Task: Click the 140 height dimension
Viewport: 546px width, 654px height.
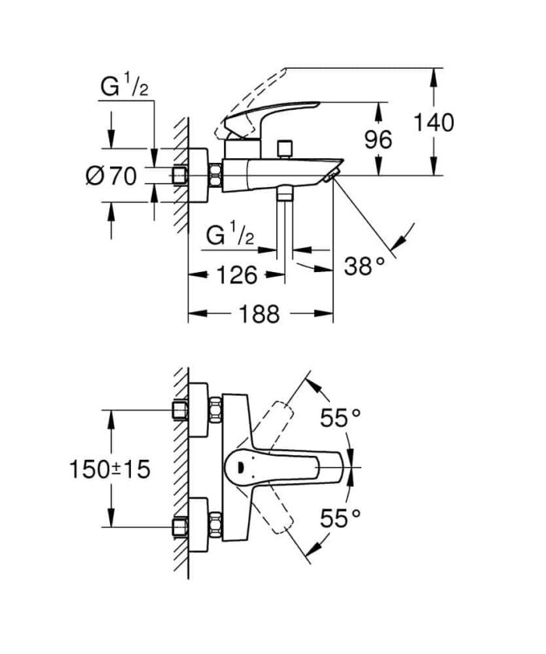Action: (x=433, y=122)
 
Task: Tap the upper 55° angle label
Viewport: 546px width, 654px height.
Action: (x=340, y=419)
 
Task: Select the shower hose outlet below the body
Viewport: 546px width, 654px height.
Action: (x=285, y=193)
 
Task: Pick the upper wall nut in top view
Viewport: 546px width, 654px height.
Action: (x=215, y=410)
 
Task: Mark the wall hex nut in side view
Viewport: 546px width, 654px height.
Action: (x=215, y=176)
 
